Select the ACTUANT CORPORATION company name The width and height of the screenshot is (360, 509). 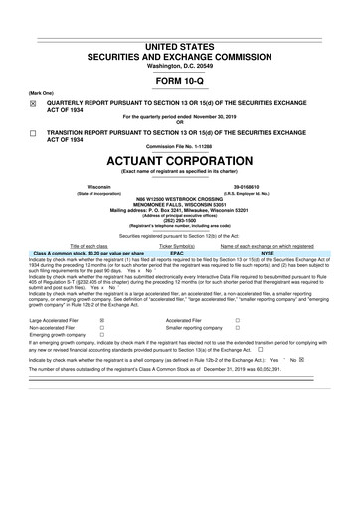coord(180,159)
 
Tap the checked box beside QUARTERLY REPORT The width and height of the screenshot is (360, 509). coord(31,101)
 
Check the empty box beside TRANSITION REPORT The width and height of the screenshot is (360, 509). coord(31,132)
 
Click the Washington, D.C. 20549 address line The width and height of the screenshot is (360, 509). coord(180,38)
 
